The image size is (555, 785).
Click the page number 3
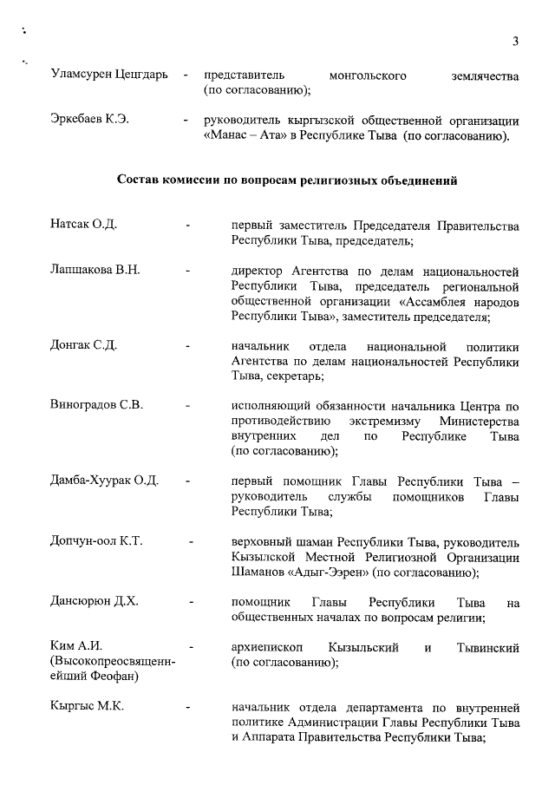point(515,41)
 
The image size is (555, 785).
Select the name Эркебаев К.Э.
point(89,120)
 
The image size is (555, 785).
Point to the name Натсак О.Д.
point(83,226)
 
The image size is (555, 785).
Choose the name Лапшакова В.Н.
point(95,270)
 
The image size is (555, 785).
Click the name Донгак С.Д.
point(83,345)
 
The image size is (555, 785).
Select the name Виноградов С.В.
point(96,405)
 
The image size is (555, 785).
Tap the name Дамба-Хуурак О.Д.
point(104,481)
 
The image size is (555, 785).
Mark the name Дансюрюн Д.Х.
point(95,601)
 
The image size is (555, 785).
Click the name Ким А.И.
point(76,646)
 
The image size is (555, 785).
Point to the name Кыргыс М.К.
point(87,706)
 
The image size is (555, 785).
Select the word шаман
point(317,541)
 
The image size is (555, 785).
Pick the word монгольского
point(369,76)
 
